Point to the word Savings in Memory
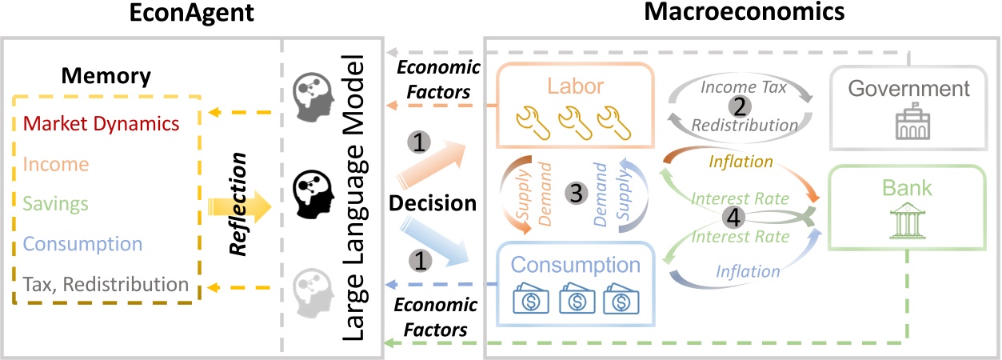pos(56,204)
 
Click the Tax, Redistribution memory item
pos(105,284)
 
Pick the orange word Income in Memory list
pos(56,164)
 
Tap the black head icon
pos(312,193)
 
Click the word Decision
pos(433,203)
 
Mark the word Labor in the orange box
pos(573,85)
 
